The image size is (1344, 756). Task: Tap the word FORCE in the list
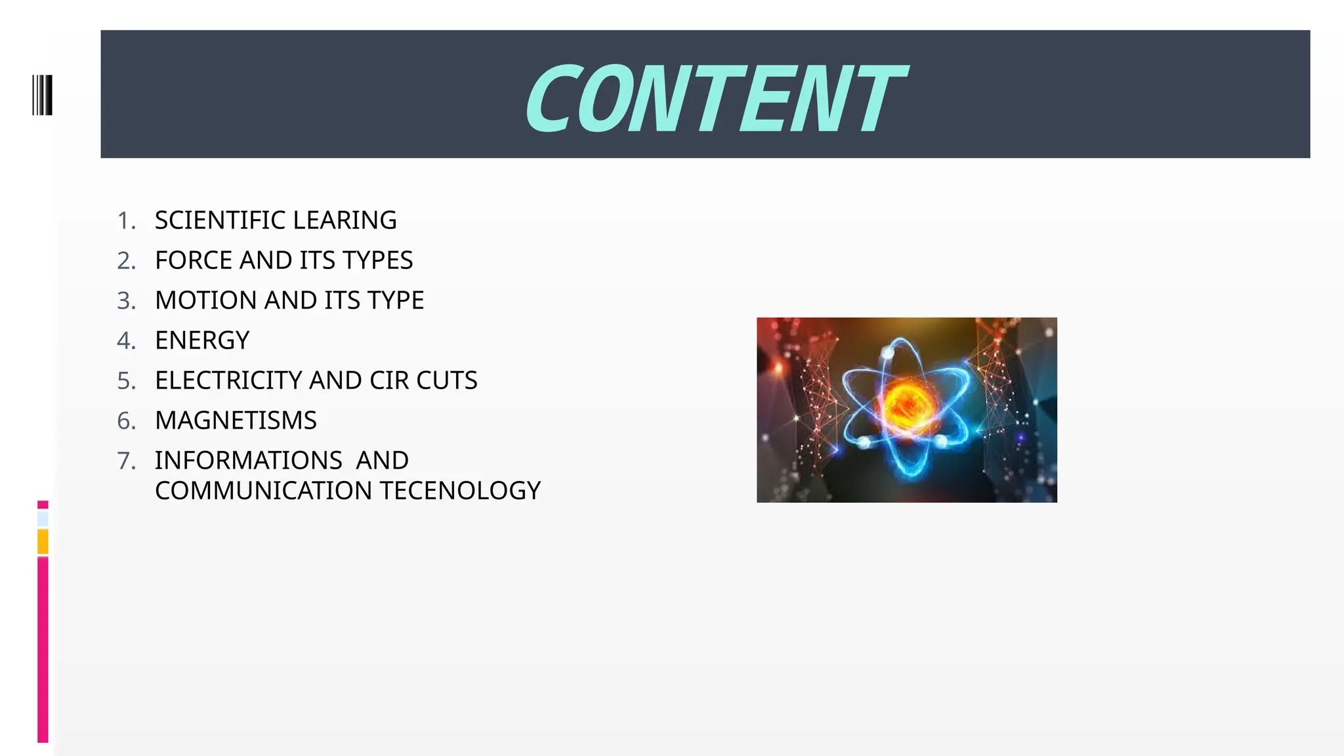point(194,261)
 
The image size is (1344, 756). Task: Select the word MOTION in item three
point(206,301)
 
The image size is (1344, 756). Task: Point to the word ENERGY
point(202,341)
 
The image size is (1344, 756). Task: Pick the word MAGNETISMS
point(236,421)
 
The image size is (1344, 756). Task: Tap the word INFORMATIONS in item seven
point(248,461)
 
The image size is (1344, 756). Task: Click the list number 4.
point(126,341)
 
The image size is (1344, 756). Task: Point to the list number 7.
point(126,461)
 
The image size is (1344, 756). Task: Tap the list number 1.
point(126,220)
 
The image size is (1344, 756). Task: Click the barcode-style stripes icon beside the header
point(42,95)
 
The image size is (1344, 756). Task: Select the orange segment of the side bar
point(43,541)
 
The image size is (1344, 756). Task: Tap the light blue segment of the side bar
point(43,519)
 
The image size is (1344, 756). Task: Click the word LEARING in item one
point(345,220)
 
